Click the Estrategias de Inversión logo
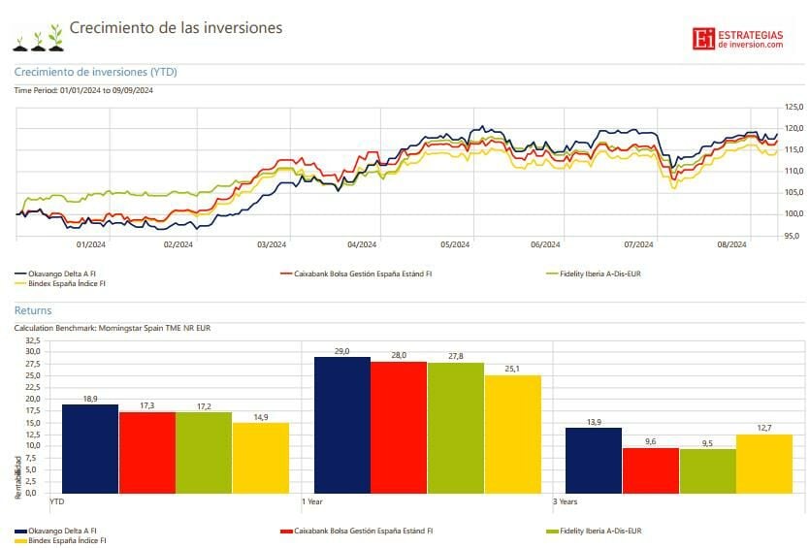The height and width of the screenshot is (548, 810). (x=737, y=38)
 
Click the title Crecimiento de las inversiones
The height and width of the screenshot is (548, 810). (x=176, y=28)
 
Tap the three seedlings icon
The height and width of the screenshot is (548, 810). (x=38, y=39)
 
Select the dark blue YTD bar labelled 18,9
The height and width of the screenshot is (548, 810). (x=90, y=448)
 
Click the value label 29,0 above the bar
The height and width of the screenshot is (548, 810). (x=341, y=350)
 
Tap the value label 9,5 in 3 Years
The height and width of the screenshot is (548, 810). (x=707, y=442)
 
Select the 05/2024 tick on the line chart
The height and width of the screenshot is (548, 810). (x=455, y=244)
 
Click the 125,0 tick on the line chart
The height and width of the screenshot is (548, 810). (x=794, y=107)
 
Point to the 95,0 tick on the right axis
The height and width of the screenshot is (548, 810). (x=794, y=236)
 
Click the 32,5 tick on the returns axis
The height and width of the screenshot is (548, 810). (x=32, y=341)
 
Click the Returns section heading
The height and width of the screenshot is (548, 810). (x=33, y=310)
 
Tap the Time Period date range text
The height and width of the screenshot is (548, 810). (x=83, y=90)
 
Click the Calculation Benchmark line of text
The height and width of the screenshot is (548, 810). (x=112, y=328)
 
